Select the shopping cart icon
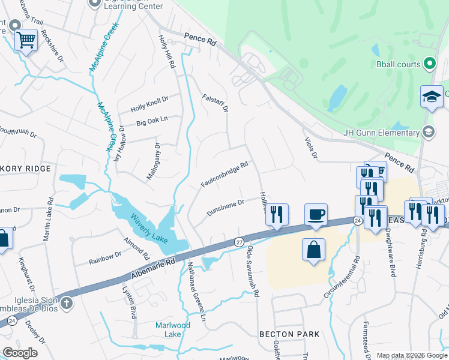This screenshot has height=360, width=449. (26, 40)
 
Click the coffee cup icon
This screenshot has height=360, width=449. (316, 214)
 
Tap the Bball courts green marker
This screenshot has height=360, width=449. (430, 62)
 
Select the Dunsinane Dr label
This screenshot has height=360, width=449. (225, 208)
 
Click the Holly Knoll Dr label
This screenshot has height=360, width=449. (149, 104)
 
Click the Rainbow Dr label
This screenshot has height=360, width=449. (105, 257)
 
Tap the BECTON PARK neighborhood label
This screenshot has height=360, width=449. (285, 334)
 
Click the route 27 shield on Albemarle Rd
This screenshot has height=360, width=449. (238, 242)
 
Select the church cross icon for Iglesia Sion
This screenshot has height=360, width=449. (67, 304)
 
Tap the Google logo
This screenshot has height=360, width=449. (20, 353)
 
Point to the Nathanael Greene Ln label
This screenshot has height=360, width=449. (197, 291)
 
